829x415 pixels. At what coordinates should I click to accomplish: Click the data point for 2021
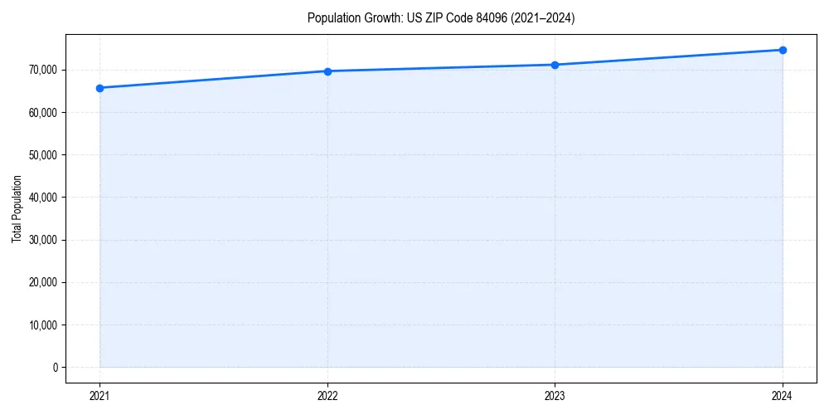[99, 88]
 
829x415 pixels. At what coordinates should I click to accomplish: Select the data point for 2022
[327, 71]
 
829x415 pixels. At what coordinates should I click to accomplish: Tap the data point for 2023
[555, 65]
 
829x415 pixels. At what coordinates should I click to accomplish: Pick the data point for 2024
[783, 50]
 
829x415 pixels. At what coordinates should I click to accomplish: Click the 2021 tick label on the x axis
[99, 396]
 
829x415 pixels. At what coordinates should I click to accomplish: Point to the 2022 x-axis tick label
[327, 396]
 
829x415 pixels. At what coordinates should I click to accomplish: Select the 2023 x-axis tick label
[555, 396]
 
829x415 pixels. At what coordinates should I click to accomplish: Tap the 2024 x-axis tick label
[783, 396]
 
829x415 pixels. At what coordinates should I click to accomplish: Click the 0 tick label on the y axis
[56, 368]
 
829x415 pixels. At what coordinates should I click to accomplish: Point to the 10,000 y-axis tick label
[43, 325]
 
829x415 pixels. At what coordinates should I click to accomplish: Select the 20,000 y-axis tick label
[43, 282]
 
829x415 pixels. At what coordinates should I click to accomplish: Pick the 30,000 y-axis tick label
[43, 240]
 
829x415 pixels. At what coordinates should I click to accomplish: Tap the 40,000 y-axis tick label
[43, 198]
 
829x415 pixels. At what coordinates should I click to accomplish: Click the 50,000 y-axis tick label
[43, 155]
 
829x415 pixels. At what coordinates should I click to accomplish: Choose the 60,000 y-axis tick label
[43, 113]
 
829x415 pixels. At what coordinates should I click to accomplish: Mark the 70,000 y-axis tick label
[43, 70]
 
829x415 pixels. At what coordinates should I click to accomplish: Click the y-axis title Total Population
[17, 208]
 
